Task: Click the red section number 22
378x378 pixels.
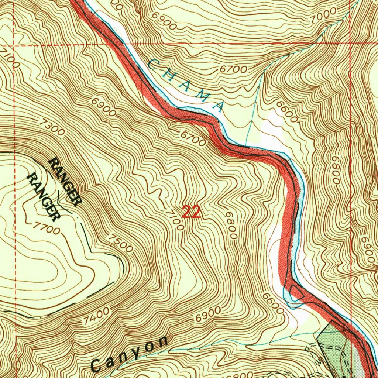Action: tap(191, 212)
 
